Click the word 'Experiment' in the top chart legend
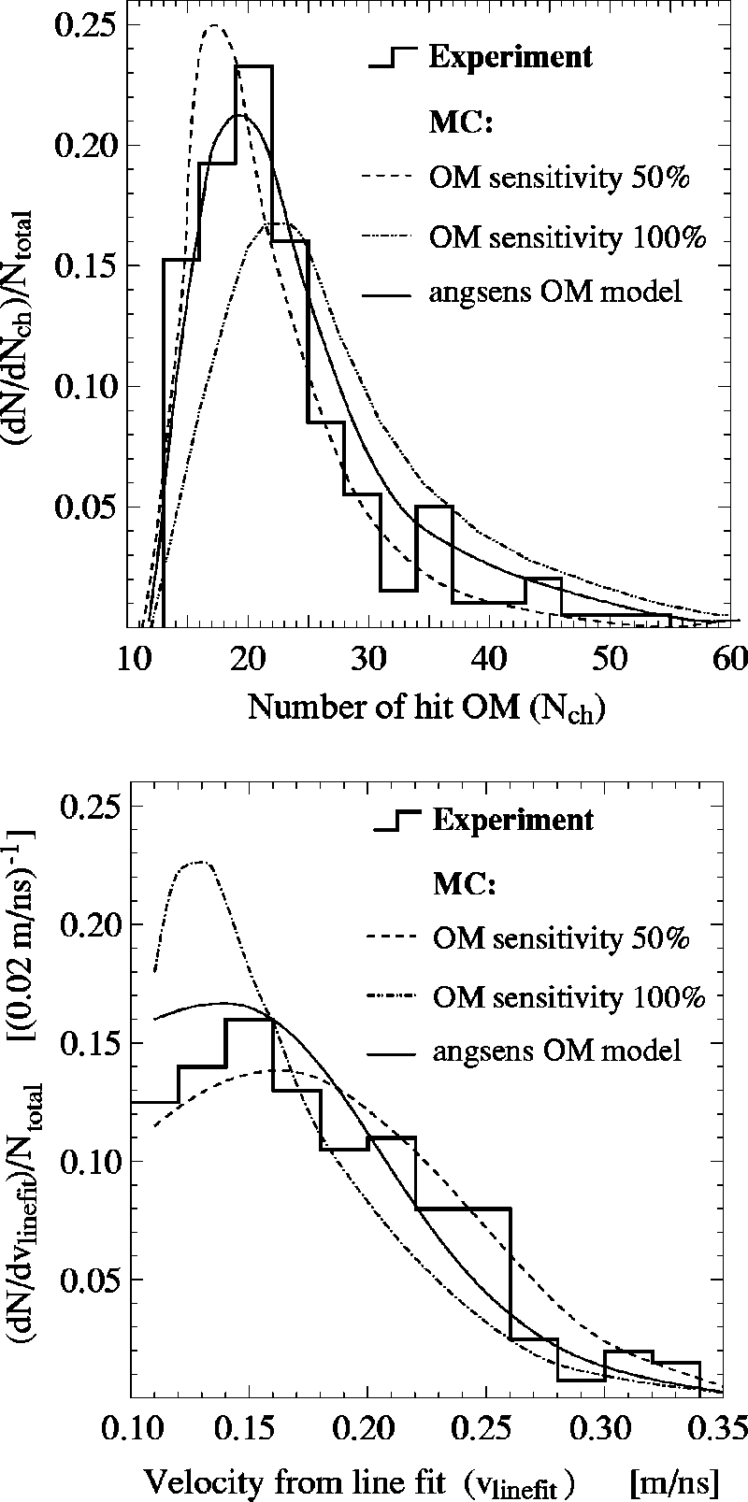pos(511,57)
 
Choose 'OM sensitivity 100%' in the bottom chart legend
pos(568,997)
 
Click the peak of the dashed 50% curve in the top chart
pos(214,25)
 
